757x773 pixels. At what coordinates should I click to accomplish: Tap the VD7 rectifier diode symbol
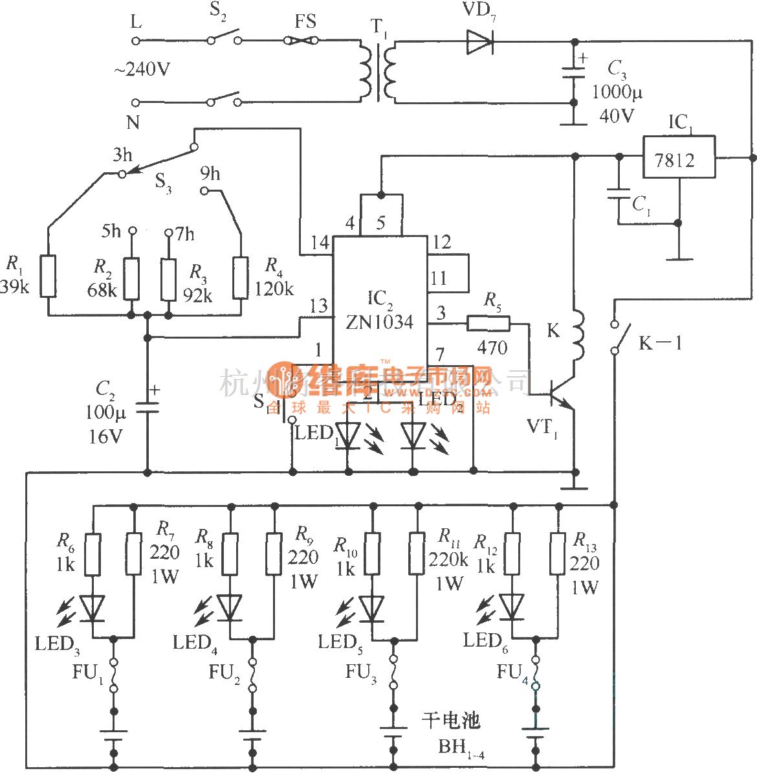[479, 42]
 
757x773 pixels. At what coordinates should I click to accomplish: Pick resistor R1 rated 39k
[48, 276]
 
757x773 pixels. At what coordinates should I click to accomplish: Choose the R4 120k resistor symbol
[241, 277]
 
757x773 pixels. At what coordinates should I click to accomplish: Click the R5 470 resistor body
[488, 323]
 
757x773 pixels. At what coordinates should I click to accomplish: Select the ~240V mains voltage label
[142, 69]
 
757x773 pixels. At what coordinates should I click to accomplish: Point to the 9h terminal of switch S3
[205, 190]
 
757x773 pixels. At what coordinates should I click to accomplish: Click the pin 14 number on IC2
[320, 243]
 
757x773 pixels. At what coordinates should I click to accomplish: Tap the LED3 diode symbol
[93, 608]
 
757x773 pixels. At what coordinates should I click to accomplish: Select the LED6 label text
[485, 642]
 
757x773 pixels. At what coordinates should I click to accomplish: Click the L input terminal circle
[136, 40]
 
